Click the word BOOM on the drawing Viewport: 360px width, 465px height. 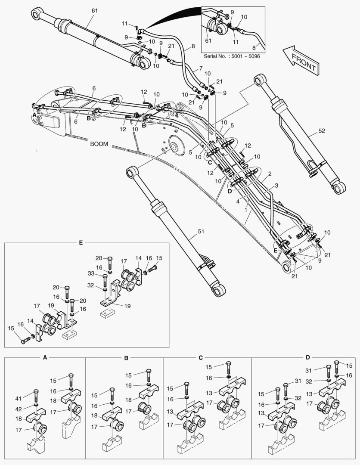click(x=99, y=144)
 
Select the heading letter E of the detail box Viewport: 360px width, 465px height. click(x=81, y=243)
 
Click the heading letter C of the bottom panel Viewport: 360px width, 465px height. click(x=201, y=357)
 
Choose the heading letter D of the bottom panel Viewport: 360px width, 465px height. click(x=307, y=357)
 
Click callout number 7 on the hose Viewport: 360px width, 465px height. click(x=201, y=69)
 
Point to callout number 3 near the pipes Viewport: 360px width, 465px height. click(x=276, y=185)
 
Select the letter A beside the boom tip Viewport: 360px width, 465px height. click(x=34, y=115)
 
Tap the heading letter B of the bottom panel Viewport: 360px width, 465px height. click(x=126, y=357)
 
